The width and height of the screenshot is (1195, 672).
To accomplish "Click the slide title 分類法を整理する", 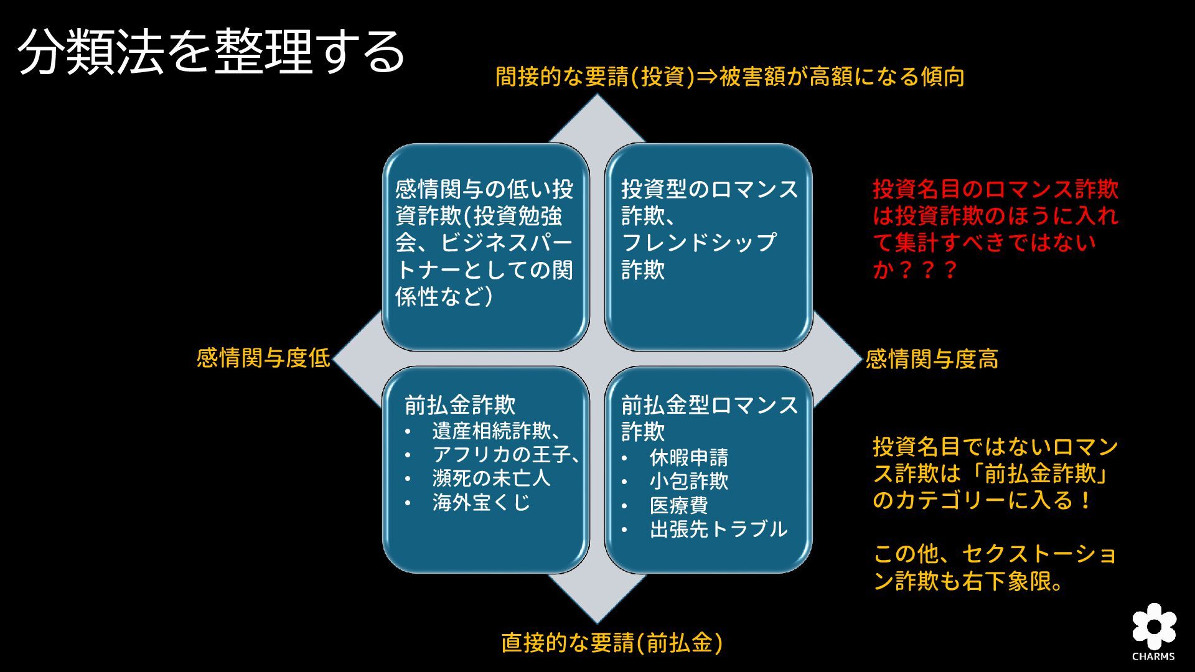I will [212, 52].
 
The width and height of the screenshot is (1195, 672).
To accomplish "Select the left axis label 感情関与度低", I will [263, 358].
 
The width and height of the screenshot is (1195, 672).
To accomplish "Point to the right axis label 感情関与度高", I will [932, 359].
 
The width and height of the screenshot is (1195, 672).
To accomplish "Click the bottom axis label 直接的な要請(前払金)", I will [612, 643].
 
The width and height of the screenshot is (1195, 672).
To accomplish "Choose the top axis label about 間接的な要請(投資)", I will [729, 77].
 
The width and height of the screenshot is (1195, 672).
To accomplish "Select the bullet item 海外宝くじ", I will [481, 502].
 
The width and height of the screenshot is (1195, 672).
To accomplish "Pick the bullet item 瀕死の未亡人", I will [491, 478].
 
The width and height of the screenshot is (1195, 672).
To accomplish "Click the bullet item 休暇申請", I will [688, 458].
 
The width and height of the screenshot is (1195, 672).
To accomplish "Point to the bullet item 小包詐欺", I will [688, 481].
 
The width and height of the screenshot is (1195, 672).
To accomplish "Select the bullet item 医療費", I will [678, 505].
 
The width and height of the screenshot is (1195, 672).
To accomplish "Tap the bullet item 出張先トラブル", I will [718, 529].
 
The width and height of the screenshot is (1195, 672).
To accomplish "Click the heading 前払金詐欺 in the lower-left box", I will [460, 405].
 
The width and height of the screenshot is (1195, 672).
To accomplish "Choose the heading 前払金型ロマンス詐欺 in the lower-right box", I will [709, 418].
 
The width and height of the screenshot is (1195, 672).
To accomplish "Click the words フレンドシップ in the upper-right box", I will [698, 242].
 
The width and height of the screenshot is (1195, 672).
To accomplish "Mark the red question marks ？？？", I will [927, 271].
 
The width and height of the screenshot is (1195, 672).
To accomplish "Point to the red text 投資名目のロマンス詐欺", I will [995, 189].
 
